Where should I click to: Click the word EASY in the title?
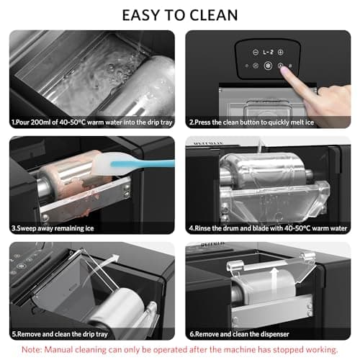click(140, 15)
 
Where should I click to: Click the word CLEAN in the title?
click(213, 15)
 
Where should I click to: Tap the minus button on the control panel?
click(256, 52)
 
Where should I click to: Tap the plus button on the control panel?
click(280, 52)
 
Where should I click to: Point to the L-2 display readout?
click(268, 52)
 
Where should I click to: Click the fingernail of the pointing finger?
click(285, 70)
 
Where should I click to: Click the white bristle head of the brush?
click(105, 163)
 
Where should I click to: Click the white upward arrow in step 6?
click(274, 278)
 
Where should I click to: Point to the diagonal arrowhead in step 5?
click(115, 258)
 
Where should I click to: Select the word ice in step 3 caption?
click(89, 228)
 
